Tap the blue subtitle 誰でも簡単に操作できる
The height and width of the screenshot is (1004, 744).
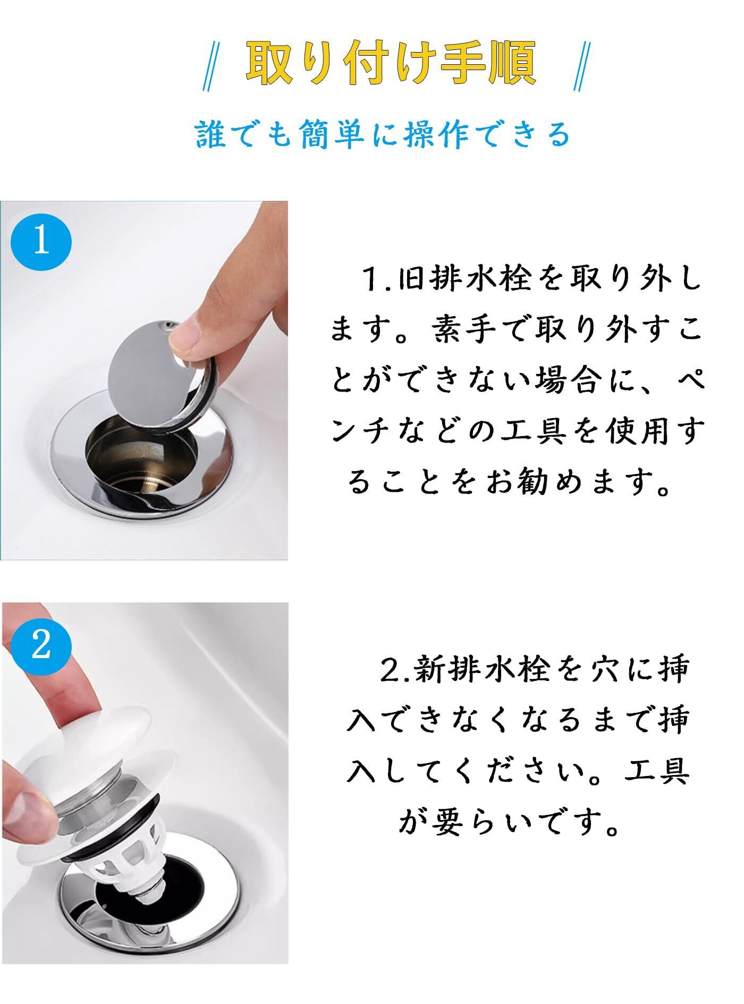pos(383,134)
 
